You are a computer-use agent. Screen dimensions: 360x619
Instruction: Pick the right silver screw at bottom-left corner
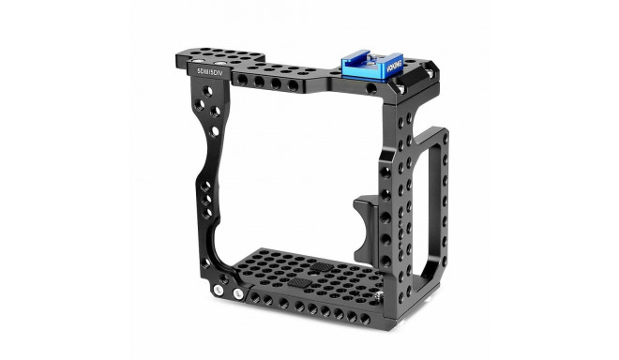[236, 294]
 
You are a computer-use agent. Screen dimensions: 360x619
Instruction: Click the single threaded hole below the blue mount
[372, 90]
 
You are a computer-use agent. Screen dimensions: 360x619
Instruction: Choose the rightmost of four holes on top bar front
[294, 86]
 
